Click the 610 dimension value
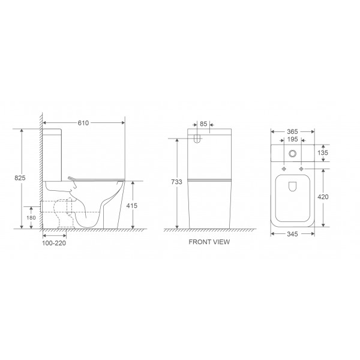[x=83, y=123]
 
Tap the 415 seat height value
[x=133, y=205]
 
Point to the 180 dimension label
[x=32, y=217]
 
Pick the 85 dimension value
[x=203, y=124]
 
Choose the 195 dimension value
[x=292, y=140]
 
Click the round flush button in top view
[x=292, y=154]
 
